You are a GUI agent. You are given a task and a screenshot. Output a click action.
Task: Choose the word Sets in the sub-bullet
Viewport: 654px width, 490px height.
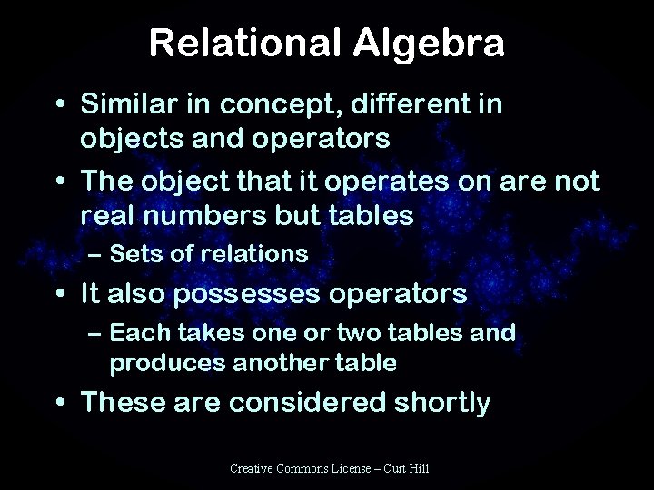[x=135, y=255]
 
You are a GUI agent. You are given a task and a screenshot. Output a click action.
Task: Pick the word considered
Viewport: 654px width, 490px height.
[x=310, y=402]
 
